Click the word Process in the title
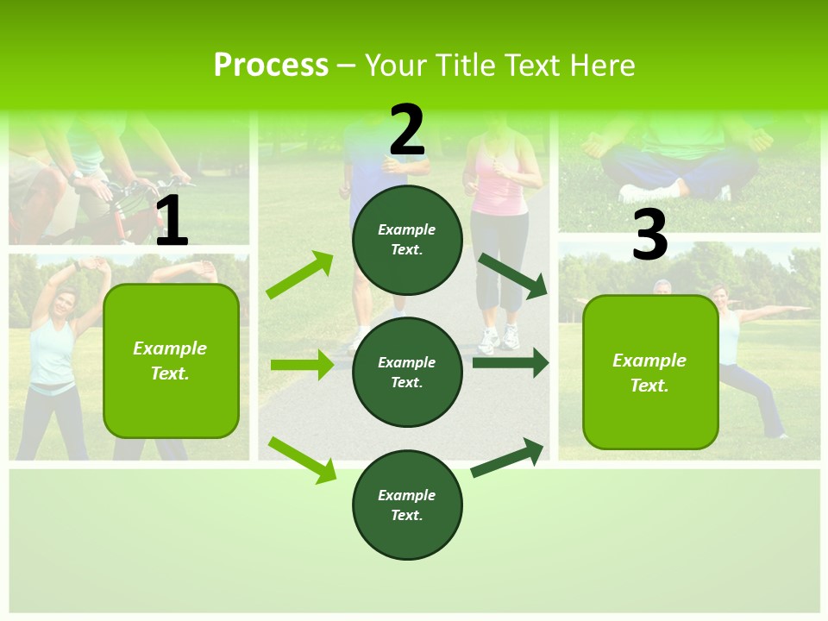point(271,65)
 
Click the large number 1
point(172,223)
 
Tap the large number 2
point(407,131)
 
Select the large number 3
point(649,235)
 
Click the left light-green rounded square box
point(171,361)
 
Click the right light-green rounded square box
point(649,372)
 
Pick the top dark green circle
point(407,240)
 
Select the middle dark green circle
point(407,372)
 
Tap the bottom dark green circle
point(407,505)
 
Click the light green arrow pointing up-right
point(300,275)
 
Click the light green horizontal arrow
point(302,365)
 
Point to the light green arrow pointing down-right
point(303,460)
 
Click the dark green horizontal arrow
point(510,363)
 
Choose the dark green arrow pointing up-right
point(508,457)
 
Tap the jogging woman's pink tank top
point(499,185)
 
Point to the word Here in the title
point(603,65)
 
